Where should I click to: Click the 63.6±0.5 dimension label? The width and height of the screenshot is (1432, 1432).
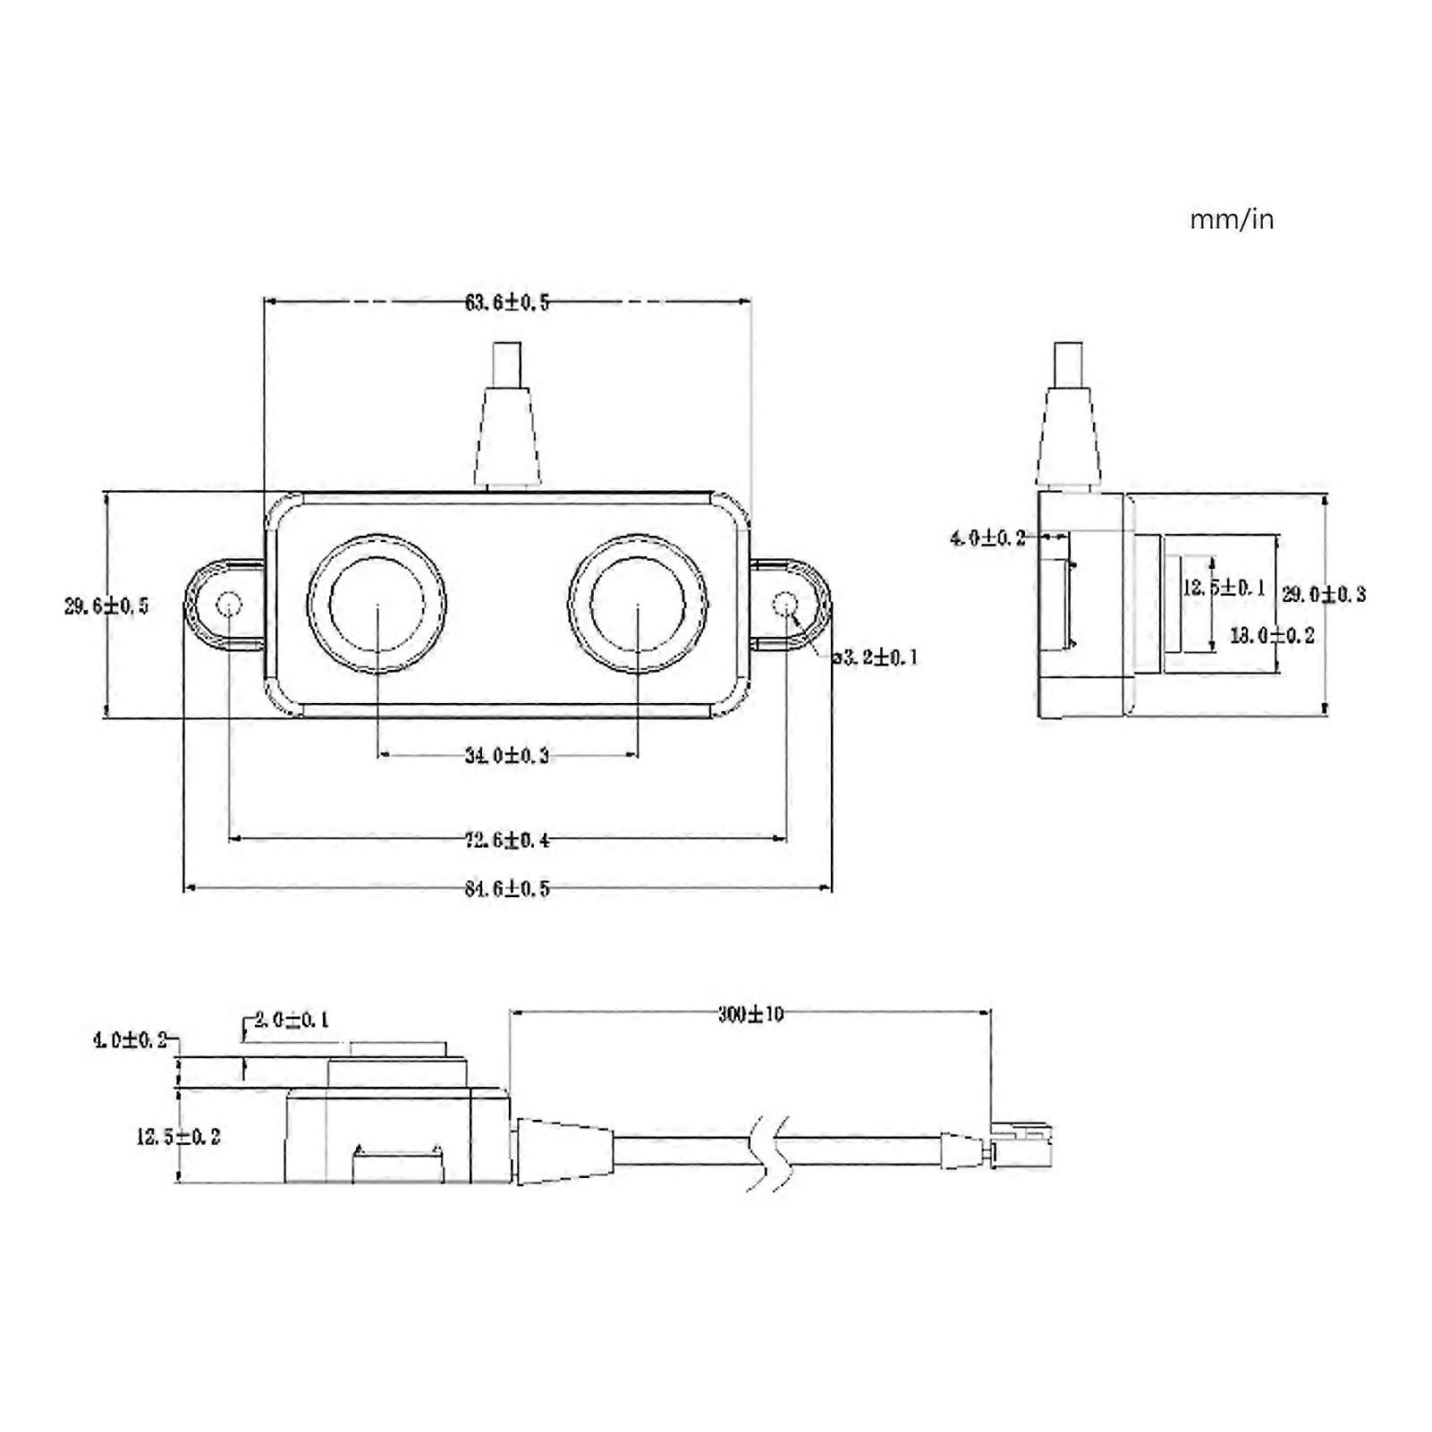click(506, 302)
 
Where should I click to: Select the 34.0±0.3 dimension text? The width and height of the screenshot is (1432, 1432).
click(506, 756)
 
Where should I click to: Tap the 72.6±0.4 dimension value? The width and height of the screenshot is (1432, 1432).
click(506, 840)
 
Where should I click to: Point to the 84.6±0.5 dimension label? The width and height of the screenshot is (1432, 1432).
click(506, 889)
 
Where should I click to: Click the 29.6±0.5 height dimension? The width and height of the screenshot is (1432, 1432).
click(106, 606)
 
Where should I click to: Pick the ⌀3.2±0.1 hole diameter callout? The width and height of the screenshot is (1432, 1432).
click(876, 658)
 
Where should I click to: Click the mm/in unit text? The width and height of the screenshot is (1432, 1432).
click(1231, 220)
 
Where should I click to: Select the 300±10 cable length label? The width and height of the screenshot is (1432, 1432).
click(750, 1014)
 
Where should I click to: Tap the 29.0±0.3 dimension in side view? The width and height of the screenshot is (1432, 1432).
click(1324, 595)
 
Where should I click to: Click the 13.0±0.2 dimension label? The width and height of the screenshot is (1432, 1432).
click(1272, 636)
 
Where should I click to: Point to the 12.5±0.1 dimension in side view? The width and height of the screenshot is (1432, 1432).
click(1224, 588)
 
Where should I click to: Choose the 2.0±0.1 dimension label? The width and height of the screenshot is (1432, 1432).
click(292, 1020)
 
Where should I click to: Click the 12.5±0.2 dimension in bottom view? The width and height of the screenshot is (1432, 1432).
click(178, 1138)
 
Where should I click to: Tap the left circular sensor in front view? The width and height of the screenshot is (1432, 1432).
click(377, 604)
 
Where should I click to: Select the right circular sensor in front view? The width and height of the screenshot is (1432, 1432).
click(638, 604)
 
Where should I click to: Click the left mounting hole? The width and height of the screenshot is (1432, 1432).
click(229, 605)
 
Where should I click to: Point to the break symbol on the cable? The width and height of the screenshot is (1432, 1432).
click(767, 1152)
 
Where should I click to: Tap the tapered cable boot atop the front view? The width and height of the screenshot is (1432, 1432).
click(507, 436)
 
